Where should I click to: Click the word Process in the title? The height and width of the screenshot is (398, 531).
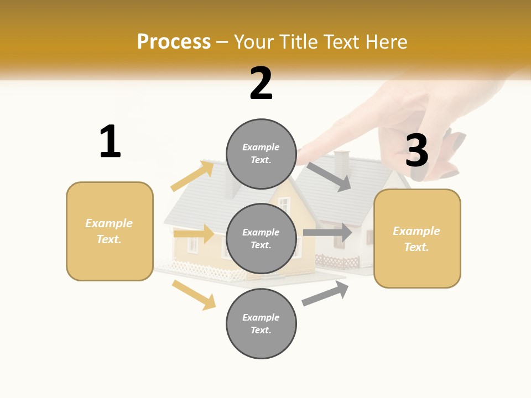coord(174,42)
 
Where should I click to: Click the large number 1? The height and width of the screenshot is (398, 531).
coord(110,142)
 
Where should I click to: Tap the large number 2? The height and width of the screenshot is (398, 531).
coord(261,83)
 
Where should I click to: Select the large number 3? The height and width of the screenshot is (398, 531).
coord(417,150)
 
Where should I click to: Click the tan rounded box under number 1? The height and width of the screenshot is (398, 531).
coord(110,231)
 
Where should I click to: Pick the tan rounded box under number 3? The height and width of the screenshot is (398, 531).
coord(417,239)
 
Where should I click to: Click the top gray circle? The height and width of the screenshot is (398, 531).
coord(261,154)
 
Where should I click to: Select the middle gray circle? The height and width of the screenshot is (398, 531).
coord(261,238)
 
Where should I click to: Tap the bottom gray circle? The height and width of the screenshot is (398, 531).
coord(261,323)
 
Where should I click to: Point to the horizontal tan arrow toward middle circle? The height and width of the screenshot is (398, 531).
coord(194,234)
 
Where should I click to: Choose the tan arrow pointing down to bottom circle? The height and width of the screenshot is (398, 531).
coord(194,295)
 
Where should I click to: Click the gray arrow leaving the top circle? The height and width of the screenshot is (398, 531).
coord(330,177)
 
